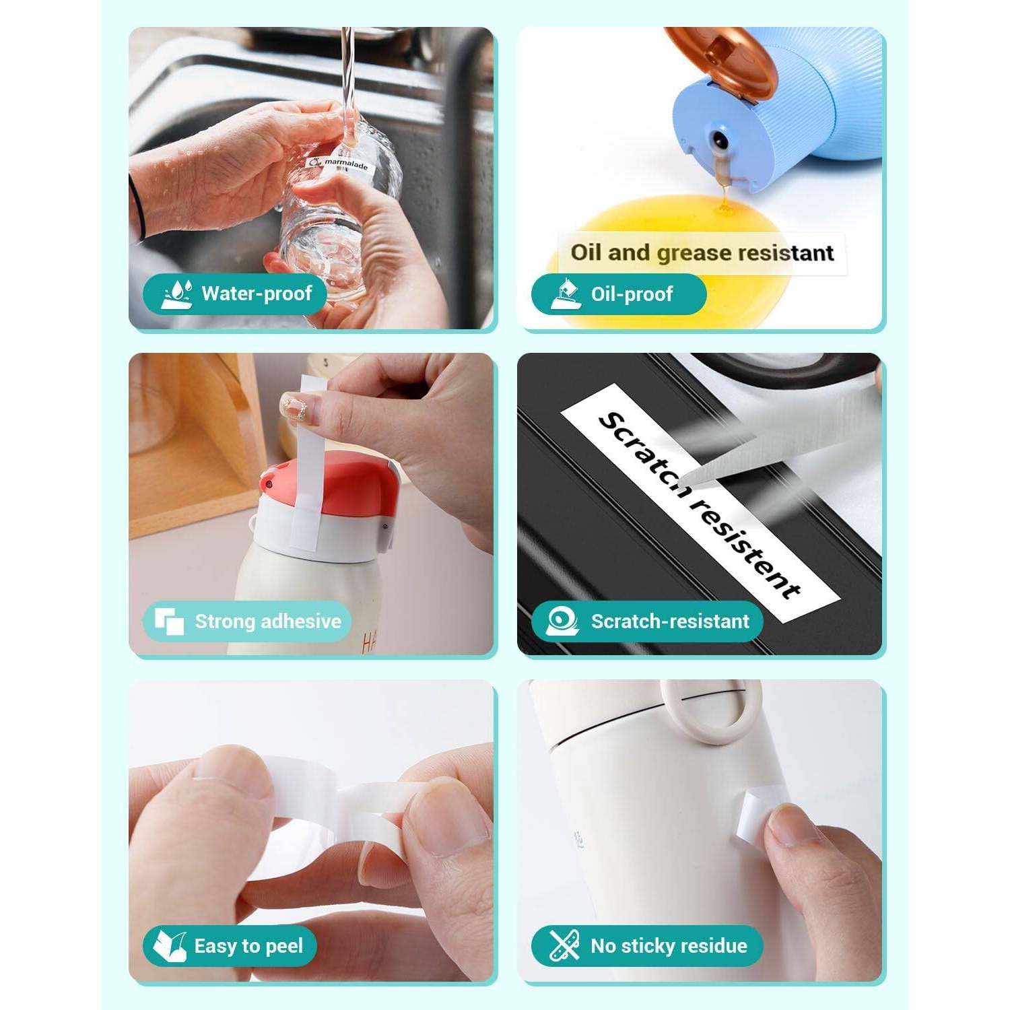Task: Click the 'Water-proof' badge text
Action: [x=257, y=294]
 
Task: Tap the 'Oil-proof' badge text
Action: [x=632, y=294]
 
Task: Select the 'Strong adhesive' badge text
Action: [x=268, y=621]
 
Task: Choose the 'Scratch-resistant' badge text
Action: [x=670, y=621]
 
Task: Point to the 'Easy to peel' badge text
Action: [x=248, y=946]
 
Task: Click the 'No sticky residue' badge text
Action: [x=669, y=946]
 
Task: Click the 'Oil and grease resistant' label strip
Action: [x=702, y=252]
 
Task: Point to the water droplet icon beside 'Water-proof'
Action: [x=177, y=294]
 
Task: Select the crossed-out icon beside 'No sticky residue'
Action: [x=564, y=946]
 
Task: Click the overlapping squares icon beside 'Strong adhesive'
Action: [x=170, y=621]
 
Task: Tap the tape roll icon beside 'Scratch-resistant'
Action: [x=563, y=621]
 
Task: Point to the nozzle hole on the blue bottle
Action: [x=719, y=140]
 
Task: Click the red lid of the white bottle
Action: [x=333, y=490]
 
